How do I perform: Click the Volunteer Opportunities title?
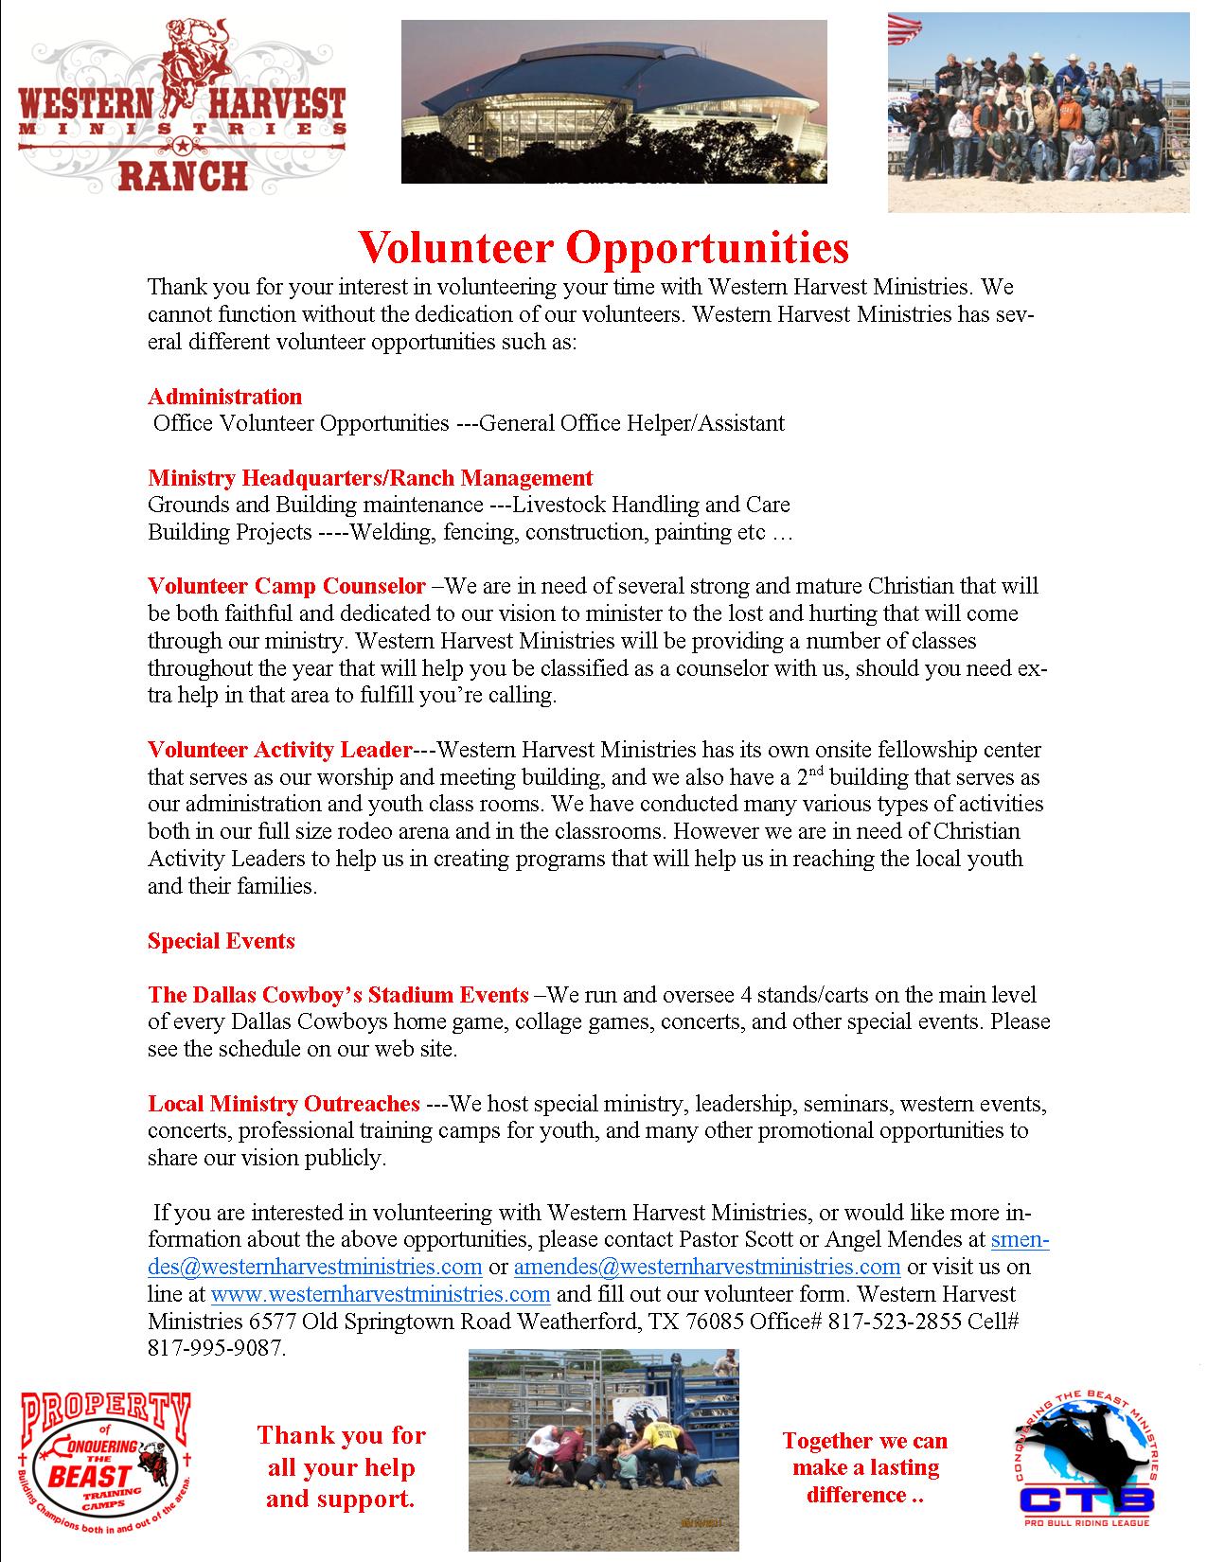[603, 247]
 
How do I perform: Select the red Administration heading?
[224, 397]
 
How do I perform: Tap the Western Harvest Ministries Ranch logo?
[181, 106]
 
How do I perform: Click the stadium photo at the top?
[613, 101]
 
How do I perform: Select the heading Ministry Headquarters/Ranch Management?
[370, 478]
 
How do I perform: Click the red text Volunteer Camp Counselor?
[286, 586]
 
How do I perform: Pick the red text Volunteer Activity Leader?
[279, 751]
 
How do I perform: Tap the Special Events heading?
[221, 941]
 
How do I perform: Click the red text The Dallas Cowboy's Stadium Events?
[338, 995]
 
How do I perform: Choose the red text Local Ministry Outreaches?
[283, 1104]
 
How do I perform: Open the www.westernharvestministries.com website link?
[380, 1294]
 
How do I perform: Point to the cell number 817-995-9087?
[215, 1348]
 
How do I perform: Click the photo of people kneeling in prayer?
[603, 1449]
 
